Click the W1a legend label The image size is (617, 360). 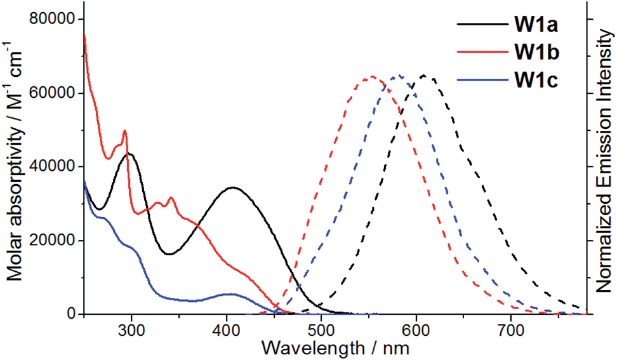click(535, 25)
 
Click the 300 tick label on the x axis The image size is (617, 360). click(131, 330)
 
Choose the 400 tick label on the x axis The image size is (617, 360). click(227, 330)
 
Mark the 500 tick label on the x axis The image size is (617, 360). click(321, 330)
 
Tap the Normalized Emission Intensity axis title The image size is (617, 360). click(604, 165)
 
